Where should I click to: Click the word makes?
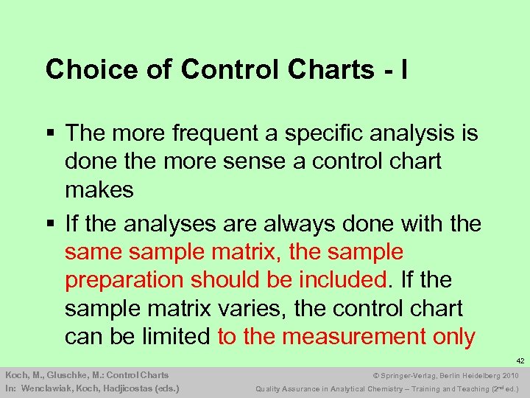[x=99, y=189]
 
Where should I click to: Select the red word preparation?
[x=124, y=280]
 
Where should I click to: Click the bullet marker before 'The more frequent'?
[x=49, y=134]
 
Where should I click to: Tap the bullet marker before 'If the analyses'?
[x=49, y=224]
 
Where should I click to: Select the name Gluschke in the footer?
[x=64, y=375]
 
